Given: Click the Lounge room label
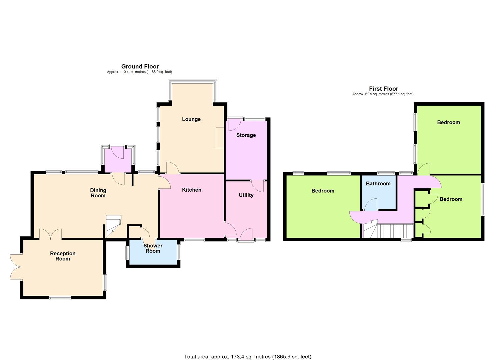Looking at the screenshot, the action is point(191,119).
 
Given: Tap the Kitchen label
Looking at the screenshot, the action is point(192,190).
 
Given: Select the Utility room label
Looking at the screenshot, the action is point(246,195).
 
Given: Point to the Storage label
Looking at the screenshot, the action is point(246,135).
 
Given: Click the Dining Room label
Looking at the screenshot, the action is point(98,193).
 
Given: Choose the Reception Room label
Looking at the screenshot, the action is point(63,256).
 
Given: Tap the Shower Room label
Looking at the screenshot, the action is point(153,248).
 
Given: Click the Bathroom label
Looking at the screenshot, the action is point(378,183).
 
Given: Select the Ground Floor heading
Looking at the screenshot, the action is point(140,66).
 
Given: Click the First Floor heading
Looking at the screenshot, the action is point(384,89).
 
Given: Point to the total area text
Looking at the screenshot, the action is point(248,350).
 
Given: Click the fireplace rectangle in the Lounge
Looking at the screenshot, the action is point(220,138).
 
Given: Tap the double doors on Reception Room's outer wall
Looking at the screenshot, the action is point(16,267).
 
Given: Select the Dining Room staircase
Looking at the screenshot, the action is point(113,226).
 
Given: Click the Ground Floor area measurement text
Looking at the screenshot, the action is point(139,72).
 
